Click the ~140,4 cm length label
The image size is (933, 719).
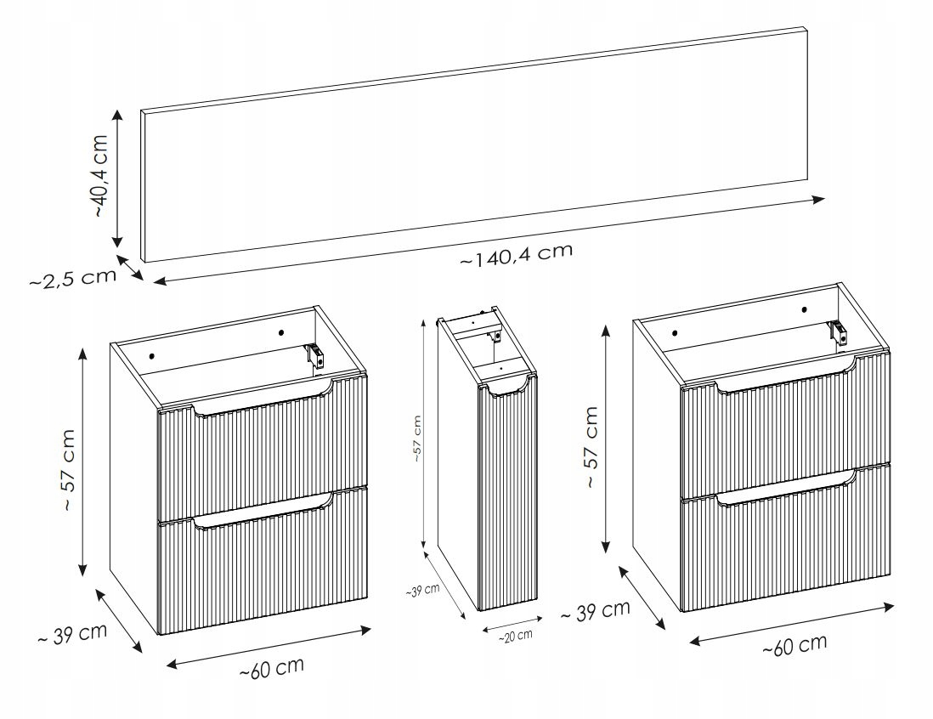pyautogui.click(x=517, y=255)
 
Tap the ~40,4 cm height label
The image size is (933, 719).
pyautogui.click(x=100, y=176)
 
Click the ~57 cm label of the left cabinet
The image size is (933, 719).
pyautogui.click(x=69, y=470)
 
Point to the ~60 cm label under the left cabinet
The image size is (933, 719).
pyautogui.click(x=272, y=668)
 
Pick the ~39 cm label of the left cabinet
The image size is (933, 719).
pyautogui.click(x=72, y=633)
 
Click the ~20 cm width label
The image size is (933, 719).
pyautogui.click(x=515, y=637)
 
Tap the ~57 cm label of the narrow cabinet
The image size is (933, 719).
pyautogui.click(x=417, y=439)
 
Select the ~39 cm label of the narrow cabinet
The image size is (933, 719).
pyautogui.click(x=422, y=591)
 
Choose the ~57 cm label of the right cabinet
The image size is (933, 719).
pyautogui.click(x=591, y=447)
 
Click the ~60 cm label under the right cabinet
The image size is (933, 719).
pyautogui.click(x=795, y=645)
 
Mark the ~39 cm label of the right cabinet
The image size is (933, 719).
pyautogui.click(x=595, y=611)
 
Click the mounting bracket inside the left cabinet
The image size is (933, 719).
pyautogui.click(x=315, y=356)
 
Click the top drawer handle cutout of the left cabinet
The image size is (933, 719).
pyautogui.click(x=263, y=405)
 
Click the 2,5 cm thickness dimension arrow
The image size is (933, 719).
pyautogui.click(x=130, y=267)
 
